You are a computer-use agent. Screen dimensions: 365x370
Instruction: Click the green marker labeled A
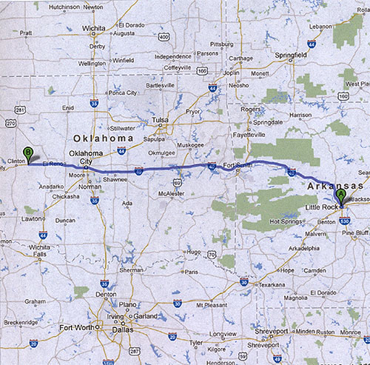tap(340, 195)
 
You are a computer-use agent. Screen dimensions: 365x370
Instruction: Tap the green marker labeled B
tap(28, 153)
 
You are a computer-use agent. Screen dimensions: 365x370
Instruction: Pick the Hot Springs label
tap(288, 221)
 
